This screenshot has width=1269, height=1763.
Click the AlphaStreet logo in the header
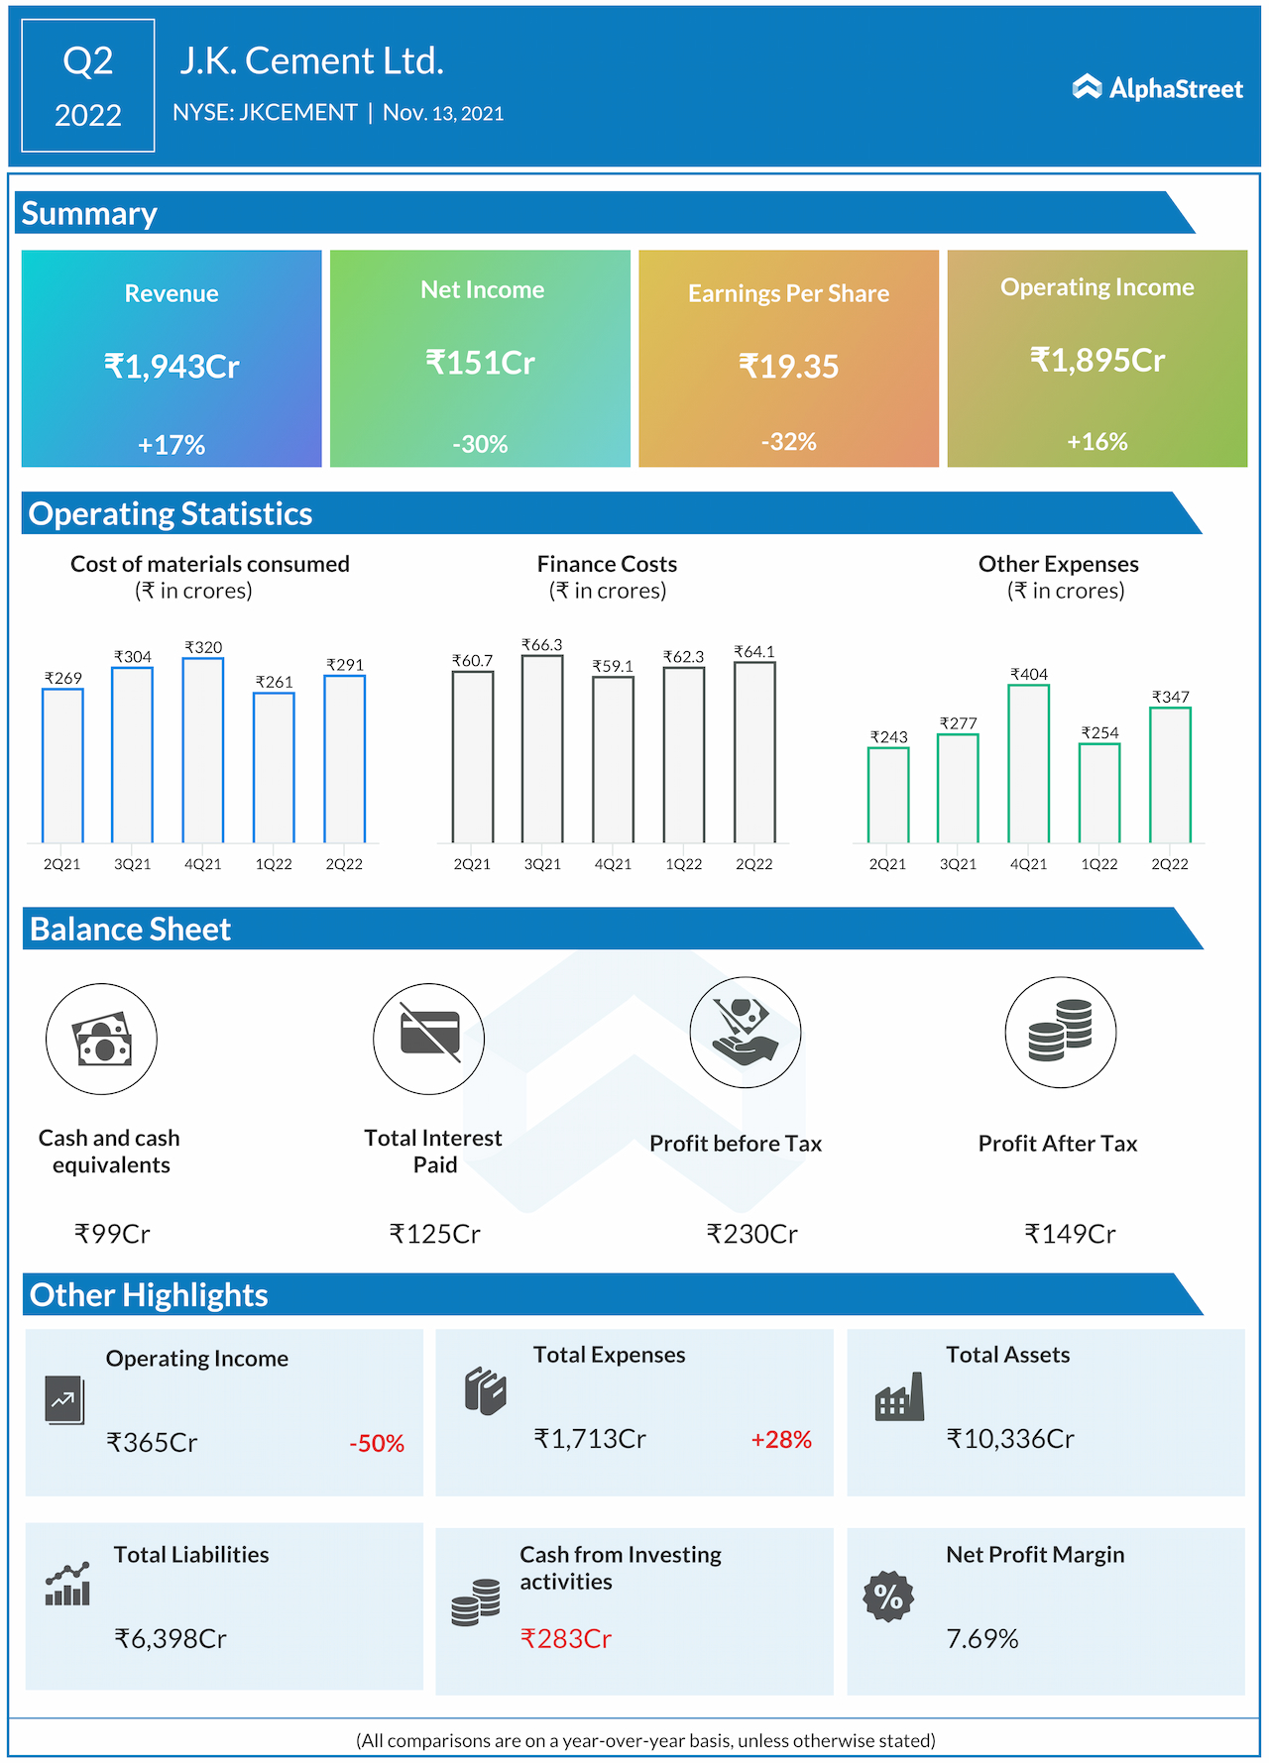pos(1157,88)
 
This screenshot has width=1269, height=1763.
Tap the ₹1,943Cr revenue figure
pos(172,367)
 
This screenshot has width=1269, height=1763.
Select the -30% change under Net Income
pos(480,444)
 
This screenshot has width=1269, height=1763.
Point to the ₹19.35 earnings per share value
pos(788,367)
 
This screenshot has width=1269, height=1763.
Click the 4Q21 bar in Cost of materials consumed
pos(203,750)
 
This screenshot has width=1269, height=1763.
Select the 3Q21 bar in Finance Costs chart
pos(542,749)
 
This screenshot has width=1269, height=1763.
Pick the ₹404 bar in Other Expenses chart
pos(1028,764)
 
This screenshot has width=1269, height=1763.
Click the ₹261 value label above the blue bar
pos(274,682)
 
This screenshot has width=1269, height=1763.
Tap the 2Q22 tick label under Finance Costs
pos(753,864)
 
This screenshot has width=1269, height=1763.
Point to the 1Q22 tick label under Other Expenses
pos(1098,864)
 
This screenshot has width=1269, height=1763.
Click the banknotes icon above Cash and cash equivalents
pos(101,1039)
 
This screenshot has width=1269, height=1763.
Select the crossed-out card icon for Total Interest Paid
pos(429,1038)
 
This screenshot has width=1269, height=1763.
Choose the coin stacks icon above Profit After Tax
pos(1060,1032)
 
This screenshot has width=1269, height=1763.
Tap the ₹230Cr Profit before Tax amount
pos(751,1234)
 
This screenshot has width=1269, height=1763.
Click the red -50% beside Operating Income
pos(377,1444)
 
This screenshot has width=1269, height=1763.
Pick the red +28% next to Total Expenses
pos(781,1440)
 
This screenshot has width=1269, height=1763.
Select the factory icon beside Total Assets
pos(899,1396)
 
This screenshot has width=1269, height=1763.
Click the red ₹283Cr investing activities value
pos(566,1639)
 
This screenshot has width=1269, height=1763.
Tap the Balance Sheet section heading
pos(130,930)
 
